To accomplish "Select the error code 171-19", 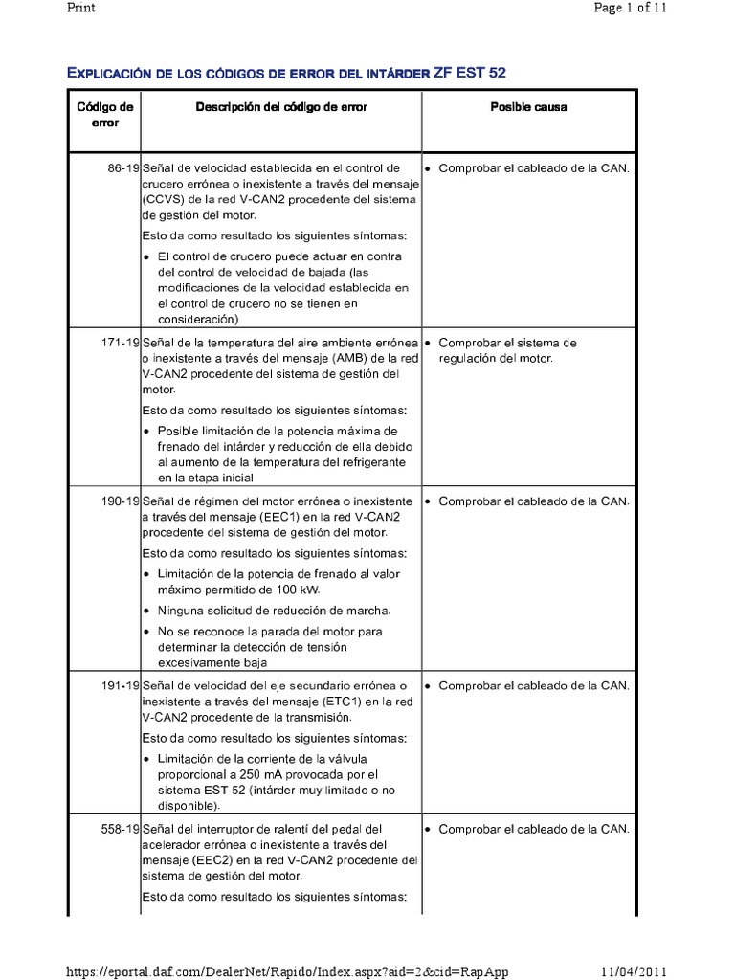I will pyautogui.click(x=121, y=343).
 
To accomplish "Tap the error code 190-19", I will pyautogui.click(x=121, y=501).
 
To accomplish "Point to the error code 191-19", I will pyautogui.click(x=121, y=686).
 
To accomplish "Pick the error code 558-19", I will pyautogui.click(x=121, y=829).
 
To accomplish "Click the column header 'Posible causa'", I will pyautogui.click(x=528, y=107).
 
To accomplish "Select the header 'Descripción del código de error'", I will pyautogui.click(x=281, y=107).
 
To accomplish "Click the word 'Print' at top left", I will pyautogui.click(x=80, y=8).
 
